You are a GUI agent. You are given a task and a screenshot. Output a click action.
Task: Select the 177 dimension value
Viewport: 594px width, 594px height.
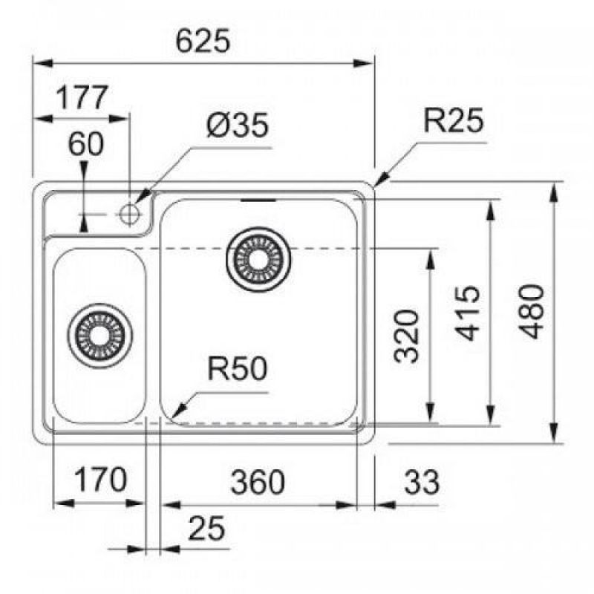tap(83, 97)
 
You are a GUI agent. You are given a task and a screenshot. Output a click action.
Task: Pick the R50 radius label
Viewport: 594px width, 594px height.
tap(237, 369)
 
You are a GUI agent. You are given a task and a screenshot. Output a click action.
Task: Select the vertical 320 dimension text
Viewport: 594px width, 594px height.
tap(407, 336)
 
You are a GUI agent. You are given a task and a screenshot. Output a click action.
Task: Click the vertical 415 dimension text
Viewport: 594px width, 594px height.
tap(468, 313)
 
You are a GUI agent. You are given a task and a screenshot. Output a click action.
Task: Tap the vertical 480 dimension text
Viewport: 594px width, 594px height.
tap(532, 311)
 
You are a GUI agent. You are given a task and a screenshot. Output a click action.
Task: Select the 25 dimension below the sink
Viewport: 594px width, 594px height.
tap(207, 528)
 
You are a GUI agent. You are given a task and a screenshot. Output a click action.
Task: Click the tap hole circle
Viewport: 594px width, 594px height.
tap(131, 213)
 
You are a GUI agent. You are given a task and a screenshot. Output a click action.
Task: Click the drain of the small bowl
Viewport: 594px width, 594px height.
tap(99, 332)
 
